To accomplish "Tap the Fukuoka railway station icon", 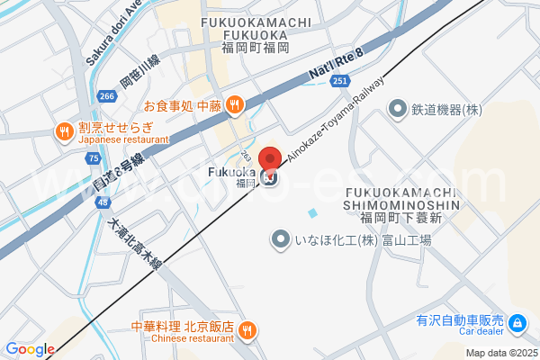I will click(271, 177).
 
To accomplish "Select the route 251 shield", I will click(339, 82).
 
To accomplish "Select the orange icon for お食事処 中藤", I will click(234, 105).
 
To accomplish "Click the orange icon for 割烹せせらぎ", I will click(64, 132).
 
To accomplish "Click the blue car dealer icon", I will click(517, 322).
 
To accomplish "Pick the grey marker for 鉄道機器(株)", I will click(397, 109).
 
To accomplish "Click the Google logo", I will click(30, 349).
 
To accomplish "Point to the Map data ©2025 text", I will click(500, 353).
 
